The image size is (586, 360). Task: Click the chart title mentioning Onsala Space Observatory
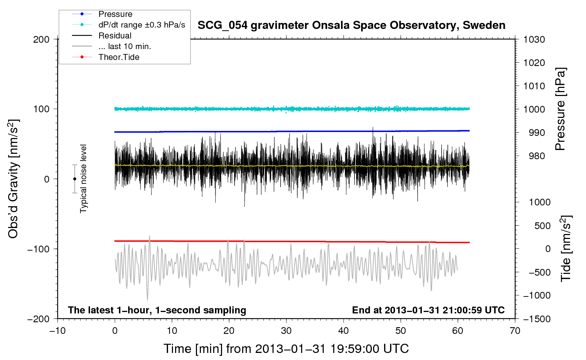[351, 25]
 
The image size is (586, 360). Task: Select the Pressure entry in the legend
[115, 14]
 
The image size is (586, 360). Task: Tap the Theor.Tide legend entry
[119, 57]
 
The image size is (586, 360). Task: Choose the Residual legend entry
[115, 36]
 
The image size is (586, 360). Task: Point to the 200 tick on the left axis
[41, 40]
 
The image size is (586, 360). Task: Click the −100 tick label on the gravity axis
[38, 249]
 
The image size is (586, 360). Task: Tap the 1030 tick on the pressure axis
[534, 40]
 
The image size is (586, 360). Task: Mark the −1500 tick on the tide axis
[537, 319]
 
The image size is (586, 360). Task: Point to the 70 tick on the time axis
[515, 331]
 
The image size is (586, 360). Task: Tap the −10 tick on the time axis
[58, 331]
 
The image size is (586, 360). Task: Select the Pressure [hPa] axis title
[560, 109]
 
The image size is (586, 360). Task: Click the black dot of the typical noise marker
[74, 179]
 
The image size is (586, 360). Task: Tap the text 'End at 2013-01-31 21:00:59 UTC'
[428, 310]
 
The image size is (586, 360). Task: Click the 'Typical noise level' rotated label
[83, 179]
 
